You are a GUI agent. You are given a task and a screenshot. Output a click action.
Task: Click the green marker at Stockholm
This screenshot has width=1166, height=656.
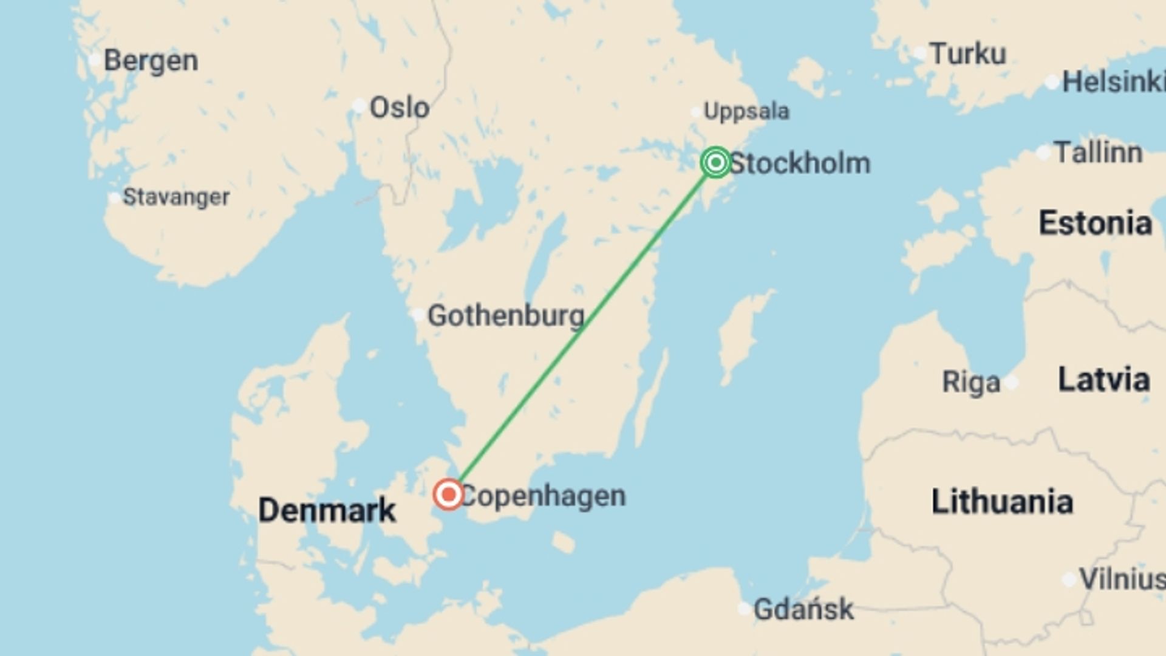(x=715, y=162)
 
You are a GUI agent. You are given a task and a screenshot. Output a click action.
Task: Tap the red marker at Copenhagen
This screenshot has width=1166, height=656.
(x=449, y=494)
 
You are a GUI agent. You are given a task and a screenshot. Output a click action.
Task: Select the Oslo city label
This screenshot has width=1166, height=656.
(x=400, y=108)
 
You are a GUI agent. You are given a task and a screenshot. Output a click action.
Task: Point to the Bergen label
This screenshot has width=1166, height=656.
(x=151, y=61)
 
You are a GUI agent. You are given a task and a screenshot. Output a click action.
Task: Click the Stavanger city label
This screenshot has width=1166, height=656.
(x=176, y=197)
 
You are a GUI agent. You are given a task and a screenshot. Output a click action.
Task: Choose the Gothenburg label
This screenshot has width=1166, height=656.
(x=506, y=316)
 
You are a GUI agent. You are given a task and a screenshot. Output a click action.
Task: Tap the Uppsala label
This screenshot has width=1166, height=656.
(x=746, y=111)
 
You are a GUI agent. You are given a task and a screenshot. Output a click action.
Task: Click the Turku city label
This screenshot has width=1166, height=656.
(x=967, y=54)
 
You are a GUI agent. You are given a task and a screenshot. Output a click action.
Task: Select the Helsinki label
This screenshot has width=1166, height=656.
(x=1113, y=82)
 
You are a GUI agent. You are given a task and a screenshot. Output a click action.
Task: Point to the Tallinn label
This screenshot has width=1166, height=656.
(x=1098, y=152)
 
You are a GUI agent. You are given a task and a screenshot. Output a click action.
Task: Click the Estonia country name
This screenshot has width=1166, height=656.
(x=1095, y=223)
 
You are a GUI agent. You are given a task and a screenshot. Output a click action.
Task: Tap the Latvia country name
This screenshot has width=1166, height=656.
(x=1103, y=380)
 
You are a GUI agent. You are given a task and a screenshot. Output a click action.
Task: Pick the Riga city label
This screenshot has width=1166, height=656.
(x=970, y=383)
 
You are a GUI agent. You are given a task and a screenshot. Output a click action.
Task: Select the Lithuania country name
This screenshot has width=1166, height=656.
(x=1002, y=502)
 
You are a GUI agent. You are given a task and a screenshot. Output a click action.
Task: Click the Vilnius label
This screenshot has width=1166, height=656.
(x=1121, y=579)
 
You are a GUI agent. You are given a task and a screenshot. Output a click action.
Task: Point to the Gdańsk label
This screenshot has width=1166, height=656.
(x=803, y=609)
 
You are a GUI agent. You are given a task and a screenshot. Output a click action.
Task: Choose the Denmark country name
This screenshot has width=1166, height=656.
(x=327, y=510)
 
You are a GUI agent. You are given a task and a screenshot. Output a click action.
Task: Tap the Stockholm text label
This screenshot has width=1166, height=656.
(x=800, y=163)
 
